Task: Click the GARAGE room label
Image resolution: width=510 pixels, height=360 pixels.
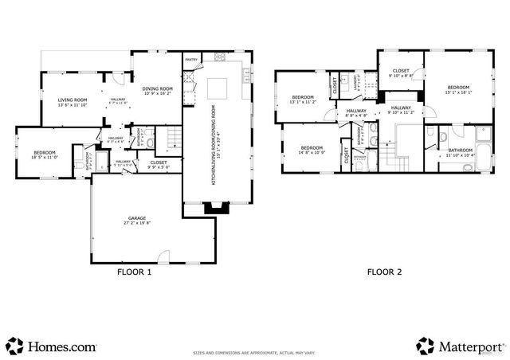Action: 137,220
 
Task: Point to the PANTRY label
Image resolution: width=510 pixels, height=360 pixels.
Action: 191,60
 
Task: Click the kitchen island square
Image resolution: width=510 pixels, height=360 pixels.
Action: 218,87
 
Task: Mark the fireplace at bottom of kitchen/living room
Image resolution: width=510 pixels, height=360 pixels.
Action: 214,209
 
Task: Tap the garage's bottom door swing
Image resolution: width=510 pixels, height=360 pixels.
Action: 163,257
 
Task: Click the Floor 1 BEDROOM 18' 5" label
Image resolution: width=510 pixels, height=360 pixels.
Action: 44,155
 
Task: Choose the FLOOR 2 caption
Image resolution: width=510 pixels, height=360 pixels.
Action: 384,272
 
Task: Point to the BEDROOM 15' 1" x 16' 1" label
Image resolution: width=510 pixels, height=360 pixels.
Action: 457,89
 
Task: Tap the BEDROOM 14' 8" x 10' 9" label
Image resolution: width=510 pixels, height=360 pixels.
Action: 312,149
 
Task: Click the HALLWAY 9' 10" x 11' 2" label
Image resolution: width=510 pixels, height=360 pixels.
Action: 401,110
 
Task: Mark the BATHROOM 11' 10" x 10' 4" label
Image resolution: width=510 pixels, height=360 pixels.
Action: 460,152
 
